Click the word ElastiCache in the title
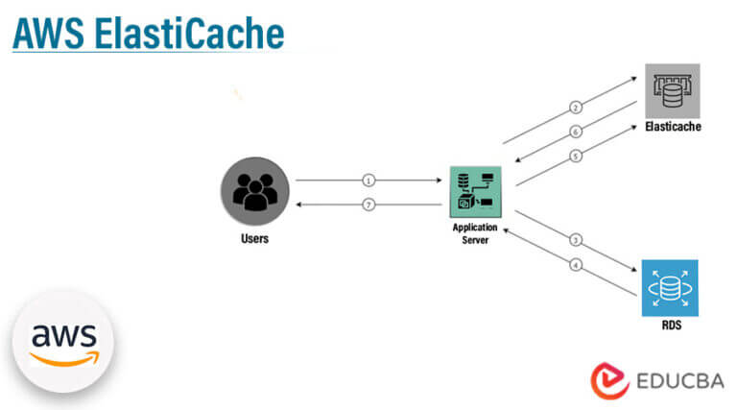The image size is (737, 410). point(189,34)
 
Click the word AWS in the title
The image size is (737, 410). point(49,34)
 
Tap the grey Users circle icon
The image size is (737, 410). point(255,191)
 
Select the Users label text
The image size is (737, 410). point(254,238)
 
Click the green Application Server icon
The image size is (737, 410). point(476,192)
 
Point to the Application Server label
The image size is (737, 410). point(475,233)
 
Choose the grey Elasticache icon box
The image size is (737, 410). point(672,91)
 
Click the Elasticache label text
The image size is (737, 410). point(673,127)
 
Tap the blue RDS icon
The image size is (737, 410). point(670,288)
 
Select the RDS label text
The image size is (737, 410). point(671,326)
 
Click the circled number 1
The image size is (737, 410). point(368,181)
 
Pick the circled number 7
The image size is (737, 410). point(368,205)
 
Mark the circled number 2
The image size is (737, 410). point(576,108)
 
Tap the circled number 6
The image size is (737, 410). point(576,132)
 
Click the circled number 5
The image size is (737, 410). point(576,157)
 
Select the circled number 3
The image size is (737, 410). point(576,240)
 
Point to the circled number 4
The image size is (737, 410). point(576,265)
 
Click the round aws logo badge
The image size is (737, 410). point(63,342)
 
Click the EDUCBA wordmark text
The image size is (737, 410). point(680,381)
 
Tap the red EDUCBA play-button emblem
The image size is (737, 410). point(609,381)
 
